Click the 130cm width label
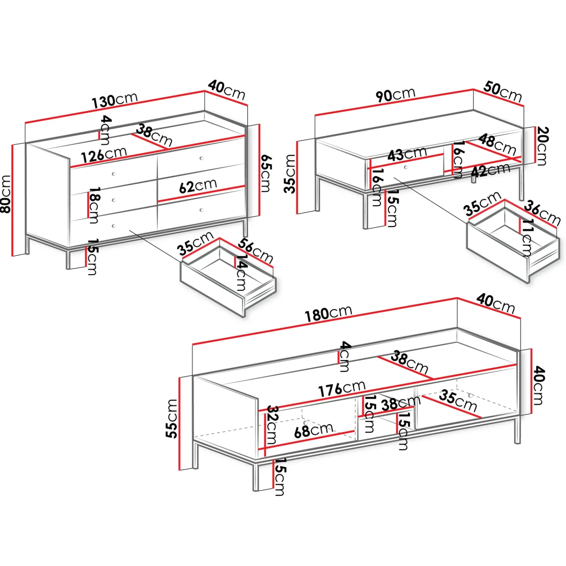pos(115,100)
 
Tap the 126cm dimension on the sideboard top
pos(104,155)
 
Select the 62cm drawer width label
pos(198,186)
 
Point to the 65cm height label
pos(266,173)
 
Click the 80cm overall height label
pos(6,194)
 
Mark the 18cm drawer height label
pos(94,206)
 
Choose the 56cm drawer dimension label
pos(255,251)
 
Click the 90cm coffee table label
pos(395,94)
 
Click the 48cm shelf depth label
pos(497,144)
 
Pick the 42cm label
pos(491,171)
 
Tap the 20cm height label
pos(542,146)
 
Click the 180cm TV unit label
pos(329,314)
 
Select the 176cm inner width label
pos(342,389)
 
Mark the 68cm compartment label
pos(313,431)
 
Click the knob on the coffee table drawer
pos(406,167)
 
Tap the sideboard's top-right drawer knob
pos(201,158)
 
